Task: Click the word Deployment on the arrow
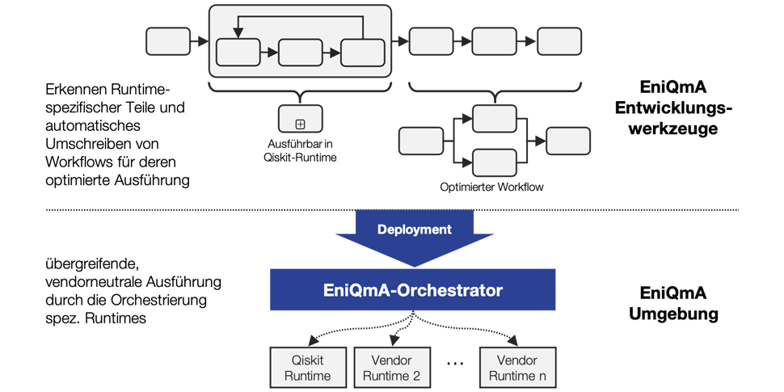[x=414, y=230]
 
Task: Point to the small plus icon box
[x=300, y=124]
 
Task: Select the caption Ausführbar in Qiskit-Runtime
[x=300, y=151]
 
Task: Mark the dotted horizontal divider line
[x=162, y=210]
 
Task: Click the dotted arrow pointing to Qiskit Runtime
[x=339, y=327]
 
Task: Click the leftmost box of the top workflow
[x=166, y=40]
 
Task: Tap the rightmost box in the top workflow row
[x=563, y=40]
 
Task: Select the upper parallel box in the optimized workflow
[x=494, y=119]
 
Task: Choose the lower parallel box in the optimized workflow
[x=494, y=162]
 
